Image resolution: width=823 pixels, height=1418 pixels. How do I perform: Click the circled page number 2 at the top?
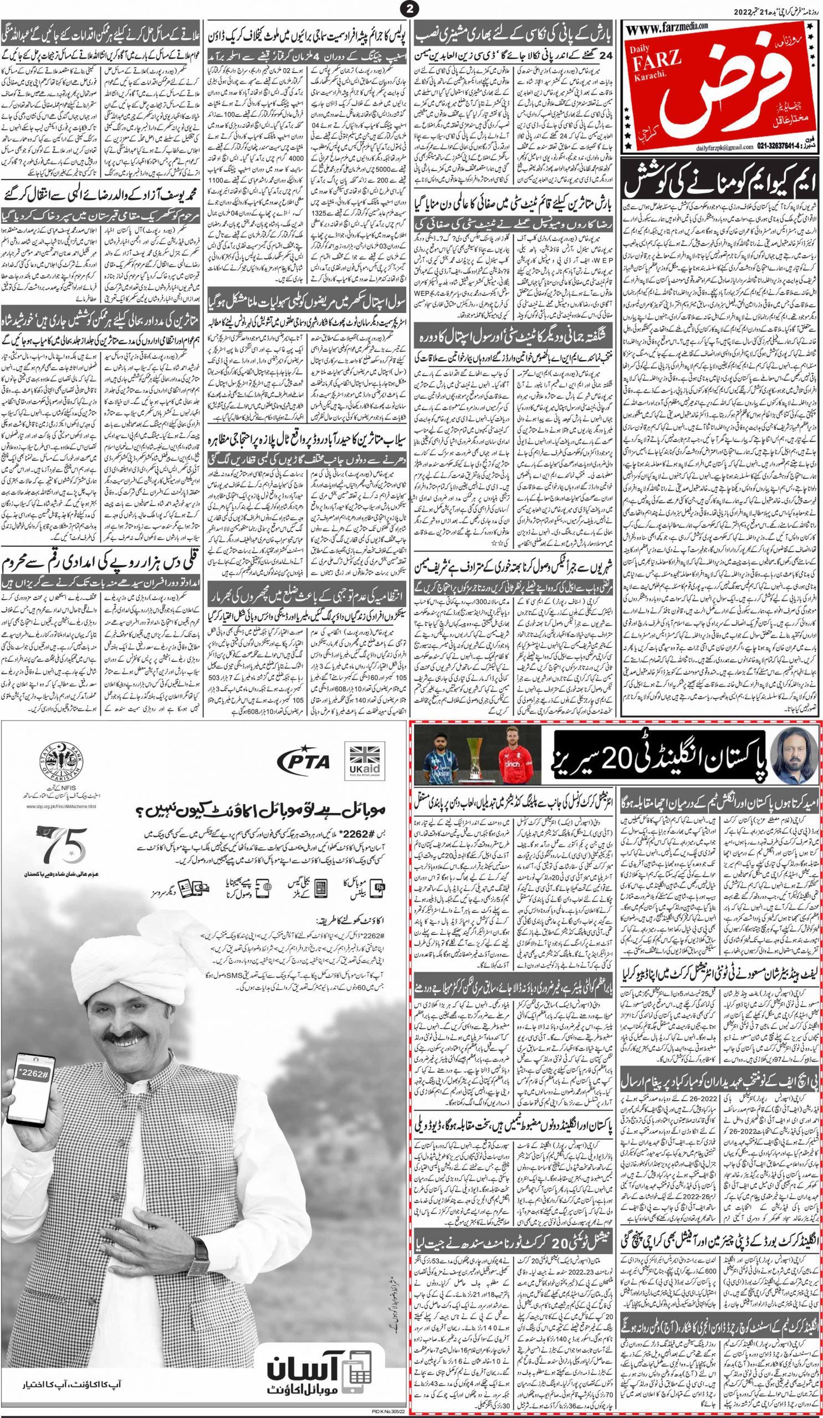[408, 8]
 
